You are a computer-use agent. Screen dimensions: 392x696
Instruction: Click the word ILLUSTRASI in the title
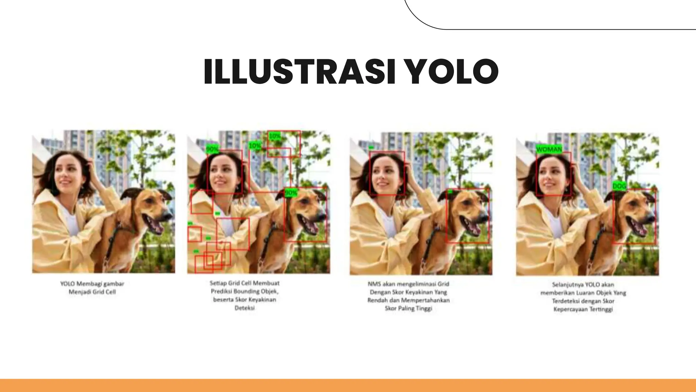coord(299,72)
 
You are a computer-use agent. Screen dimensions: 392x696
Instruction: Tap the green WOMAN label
coord(549,149)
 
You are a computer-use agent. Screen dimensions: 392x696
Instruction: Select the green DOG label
coord(619,186)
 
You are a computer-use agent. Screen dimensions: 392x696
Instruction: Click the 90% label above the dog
coord(291,193)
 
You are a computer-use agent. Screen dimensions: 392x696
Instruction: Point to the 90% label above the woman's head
coord(212,149)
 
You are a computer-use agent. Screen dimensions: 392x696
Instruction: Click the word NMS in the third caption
coord(375,284)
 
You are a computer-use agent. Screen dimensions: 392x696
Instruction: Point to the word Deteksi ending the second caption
coord(244,308)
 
